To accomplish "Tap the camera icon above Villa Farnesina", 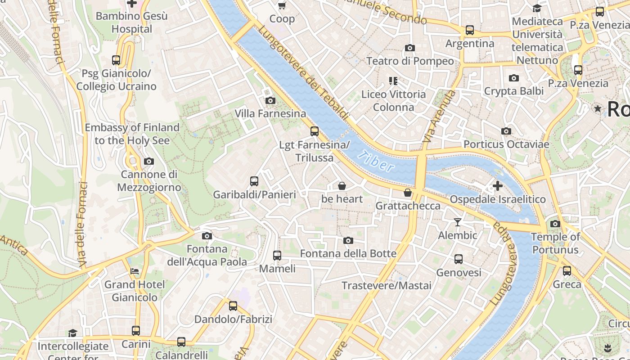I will [x=270, y=100].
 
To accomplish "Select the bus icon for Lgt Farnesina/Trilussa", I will [x=315, y=131].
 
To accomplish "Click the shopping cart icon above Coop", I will [x=282, y=6].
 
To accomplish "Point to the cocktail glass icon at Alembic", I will [x=458, y=222].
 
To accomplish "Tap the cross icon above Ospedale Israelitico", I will [x=497, y=185].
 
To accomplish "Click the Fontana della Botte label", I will [x=348, y=253].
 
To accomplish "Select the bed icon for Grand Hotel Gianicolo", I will [x=135, y=271].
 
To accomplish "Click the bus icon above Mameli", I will [x=277, y=255].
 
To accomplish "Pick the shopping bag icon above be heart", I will [x=342, y=185].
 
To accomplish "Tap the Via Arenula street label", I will [x=439, y=117].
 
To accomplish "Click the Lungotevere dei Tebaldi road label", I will [x=304, y=72].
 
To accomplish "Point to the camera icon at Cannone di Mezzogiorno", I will [x=149, y=161].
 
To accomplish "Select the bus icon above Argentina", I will [x=470, y=30].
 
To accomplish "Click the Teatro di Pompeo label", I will [x=410, y=61].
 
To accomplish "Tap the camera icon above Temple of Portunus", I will [x=555, y=224].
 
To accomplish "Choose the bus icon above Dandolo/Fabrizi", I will [x=233, y=306].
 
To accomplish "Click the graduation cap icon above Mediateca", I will [x=537, y=8].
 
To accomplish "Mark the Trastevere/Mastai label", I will [x=386, y=285].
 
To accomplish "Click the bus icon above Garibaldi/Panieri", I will [x=254, y=181].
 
